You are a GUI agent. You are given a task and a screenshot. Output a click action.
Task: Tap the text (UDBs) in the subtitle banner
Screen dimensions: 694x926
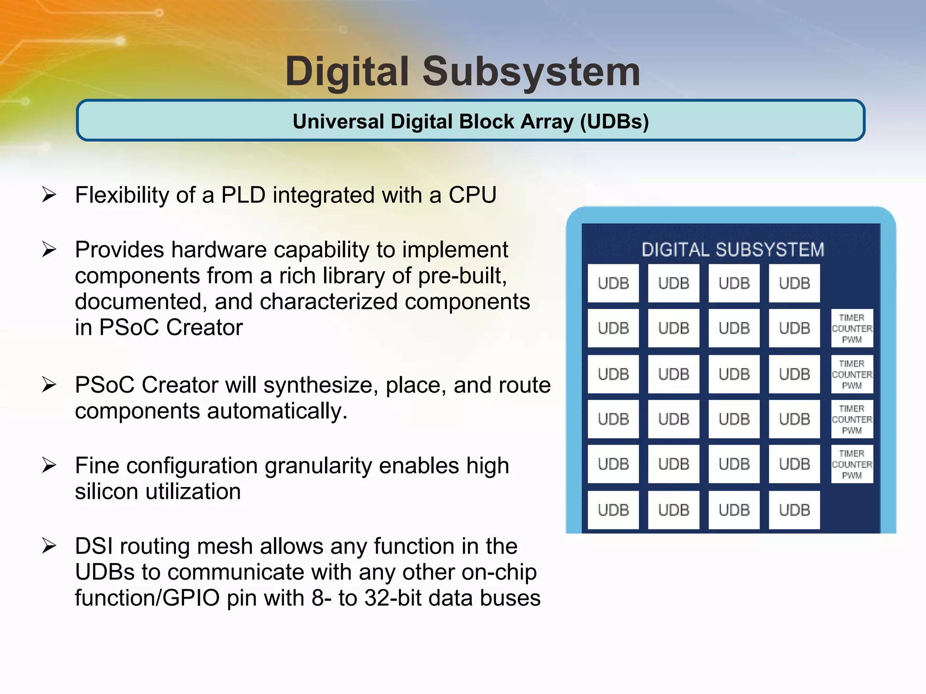[x=614, y=122]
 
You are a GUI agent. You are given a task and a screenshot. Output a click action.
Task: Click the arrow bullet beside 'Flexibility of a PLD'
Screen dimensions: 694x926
[x=49, y=195]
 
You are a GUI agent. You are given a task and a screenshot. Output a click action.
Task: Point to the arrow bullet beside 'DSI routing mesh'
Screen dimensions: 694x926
[x=49, y=546]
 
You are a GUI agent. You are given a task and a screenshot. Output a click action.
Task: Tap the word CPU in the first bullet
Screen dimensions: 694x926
[x=472, y=195]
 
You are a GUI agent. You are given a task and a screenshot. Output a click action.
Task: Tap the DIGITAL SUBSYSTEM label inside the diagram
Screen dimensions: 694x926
[x=732, y=249]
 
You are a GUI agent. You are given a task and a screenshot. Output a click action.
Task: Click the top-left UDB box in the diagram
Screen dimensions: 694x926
[x=613, y=283]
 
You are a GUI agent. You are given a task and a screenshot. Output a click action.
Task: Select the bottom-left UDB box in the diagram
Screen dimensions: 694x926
[x=613, y=510]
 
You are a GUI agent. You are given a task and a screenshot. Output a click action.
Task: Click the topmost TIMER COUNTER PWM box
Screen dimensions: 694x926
[x=852, y=328]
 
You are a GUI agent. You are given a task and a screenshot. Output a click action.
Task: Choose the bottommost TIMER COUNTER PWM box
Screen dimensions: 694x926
[x=852, y=464]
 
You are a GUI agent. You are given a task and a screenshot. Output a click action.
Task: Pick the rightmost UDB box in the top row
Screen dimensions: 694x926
[x=794, y=283]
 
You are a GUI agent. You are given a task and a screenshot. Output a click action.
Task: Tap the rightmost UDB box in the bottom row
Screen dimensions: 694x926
[x=794, y=510]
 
